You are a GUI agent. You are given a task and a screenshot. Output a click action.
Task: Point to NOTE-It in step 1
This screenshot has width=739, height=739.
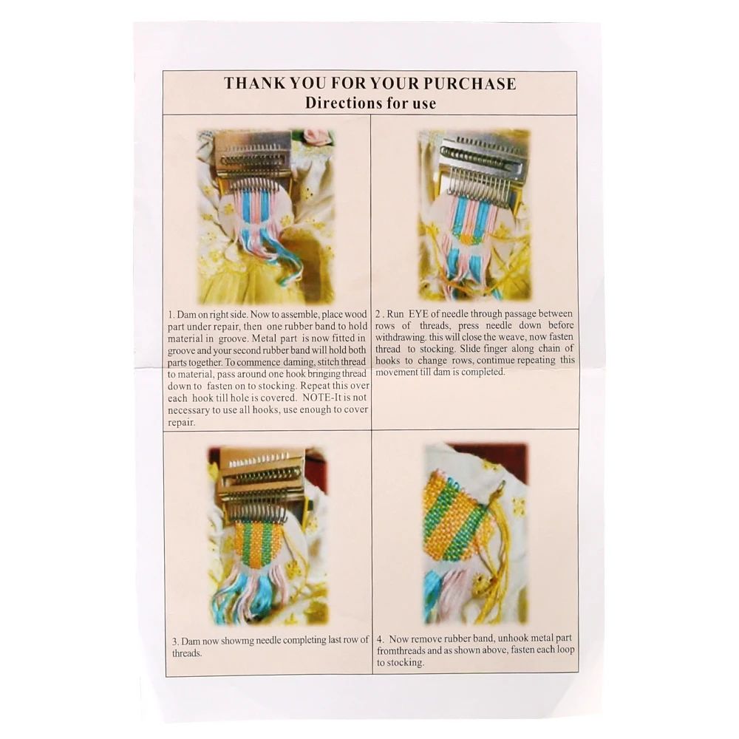(311, 398)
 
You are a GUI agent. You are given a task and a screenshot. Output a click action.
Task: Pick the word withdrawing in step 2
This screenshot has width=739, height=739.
(403, 337)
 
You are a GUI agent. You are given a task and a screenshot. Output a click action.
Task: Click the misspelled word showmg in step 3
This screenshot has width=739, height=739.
(236, 640)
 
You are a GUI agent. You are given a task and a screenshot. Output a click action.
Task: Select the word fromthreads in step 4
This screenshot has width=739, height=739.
(402, 650)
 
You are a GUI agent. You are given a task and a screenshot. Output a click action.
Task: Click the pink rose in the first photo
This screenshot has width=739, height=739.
(317, 137)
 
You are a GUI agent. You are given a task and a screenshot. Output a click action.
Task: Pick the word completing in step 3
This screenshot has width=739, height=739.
(313, 640)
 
